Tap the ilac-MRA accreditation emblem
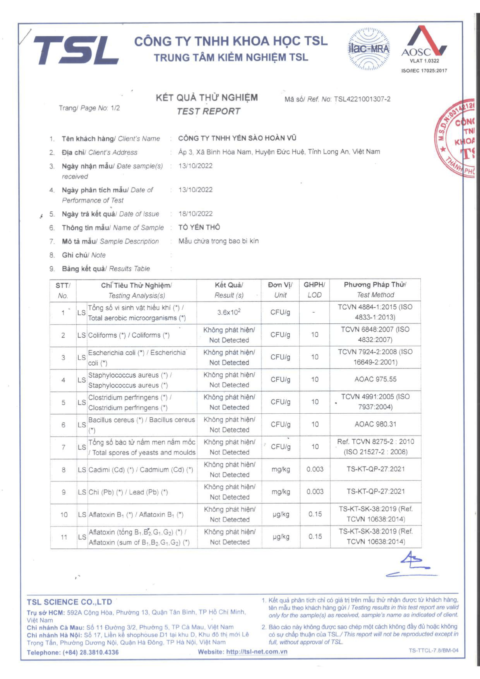pos(369,49)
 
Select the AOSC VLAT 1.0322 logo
pos(424,47)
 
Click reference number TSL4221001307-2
pos(362,99)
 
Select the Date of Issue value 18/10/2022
pos(195,214)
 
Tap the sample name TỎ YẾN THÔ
pos(199,227)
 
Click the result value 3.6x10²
pos(229,312)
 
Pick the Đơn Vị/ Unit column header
pos(280,290)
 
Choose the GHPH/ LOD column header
pos(315,290)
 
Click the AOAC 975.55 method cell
pos(375,379)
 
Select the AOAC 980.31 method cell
pos(375,424)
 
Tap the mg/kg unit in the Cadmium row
pos(280,469)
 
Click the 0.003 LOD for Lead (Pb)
pos(315,492)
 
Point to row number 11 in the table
pos(64,537)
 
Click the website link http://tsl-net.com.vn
pos(257,652)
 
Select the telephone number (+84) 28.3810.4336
pos(90,652)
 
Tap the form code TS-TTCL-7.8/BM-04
pos(433,650)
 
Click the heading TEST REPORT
pos(208,111)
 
